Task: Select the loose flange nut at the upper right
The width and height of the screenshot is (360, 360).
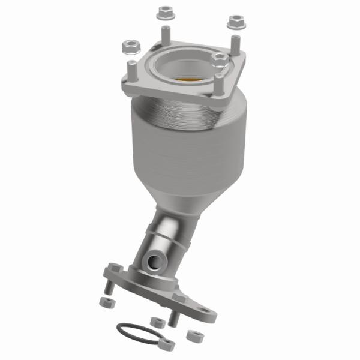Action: click(234, 22)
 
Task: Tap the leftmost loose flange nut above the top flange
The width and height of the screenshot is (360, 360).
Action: click(129, 46)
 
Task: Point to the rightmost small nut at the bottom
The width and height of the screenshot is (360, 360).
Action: click(192, 335)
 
